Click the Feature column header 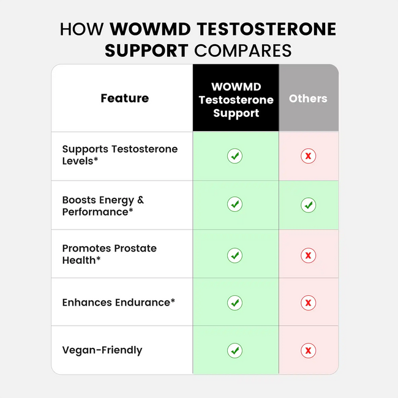(124, 98)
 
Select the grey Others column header (308, 98)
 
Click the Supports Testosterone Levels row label (119, 155)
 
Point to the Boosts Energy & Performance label (103, 206)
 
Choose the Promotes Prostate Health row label (109, 254)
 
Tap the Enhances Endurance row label (119, 302)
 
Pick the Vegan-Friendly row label (102, 350)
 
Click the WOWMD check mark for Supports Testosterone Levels (235, 156)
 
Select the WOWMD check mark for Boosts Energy (235, 204)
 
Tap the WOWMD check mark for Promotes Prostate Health (235, 255)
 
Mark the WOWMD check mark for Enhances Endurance (235, 302)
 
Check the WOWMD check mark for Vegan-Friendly (235, 350)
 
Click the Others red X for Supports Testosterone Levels (309, 156)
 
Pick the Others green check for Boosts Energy (309, 205)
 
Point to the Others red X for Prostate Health (309, 255)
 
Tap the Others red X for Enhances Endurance (309, 302)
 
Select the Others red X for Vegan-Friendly (309, 350)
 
